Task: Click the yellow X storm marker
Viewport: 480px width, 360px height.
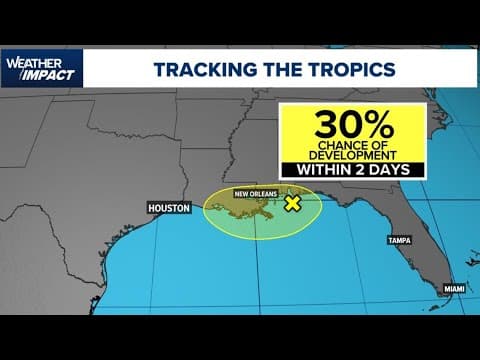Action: pos(292,204)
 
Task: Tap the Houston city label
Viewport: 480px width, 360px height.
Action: pos(168,208)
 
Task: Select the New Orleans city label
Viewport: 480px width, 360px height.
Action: pos(255,193)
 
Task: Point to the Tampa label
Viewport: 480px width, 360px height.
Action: pos(401,240)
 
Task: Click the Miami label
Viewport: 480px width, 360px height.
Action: pos(455,289)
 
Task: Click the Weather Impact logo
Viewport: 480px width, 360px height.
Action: pos(42,68)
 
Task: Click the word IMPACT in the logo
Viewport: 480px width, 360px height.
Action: pos(46,75)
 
